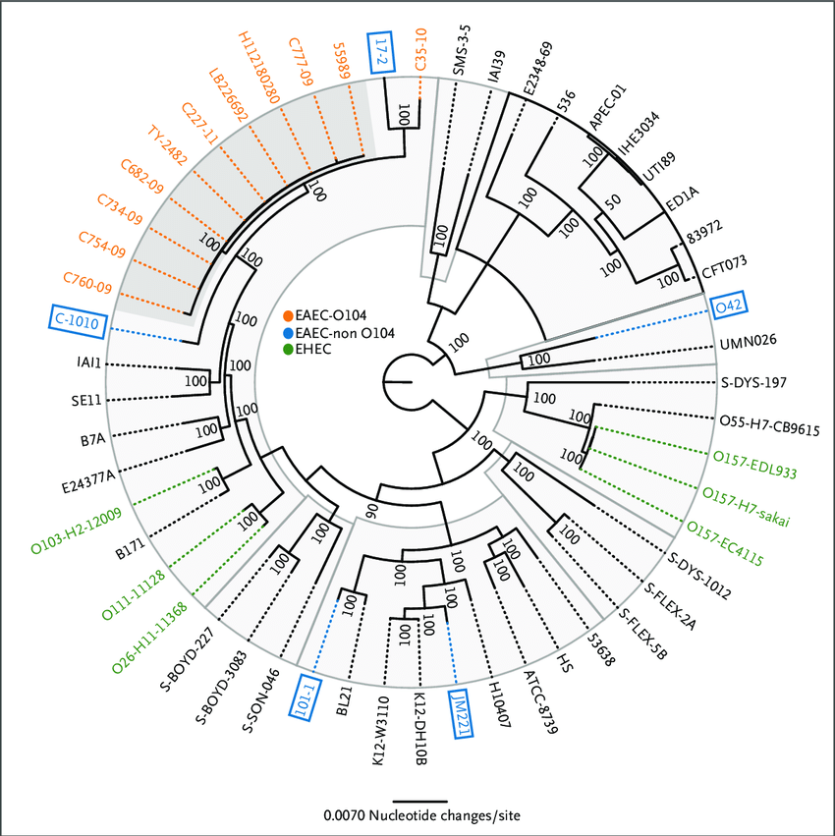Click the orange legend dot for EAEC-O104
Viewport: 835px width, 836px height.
pyautogui.click(x=288, y=316)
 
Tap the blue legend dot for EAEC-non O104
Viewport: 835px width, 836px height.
pyautogui.click(x=288, y=333)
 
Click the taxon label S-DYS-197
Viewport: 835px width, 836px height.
pyautogui.click(x=754, y=382)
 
